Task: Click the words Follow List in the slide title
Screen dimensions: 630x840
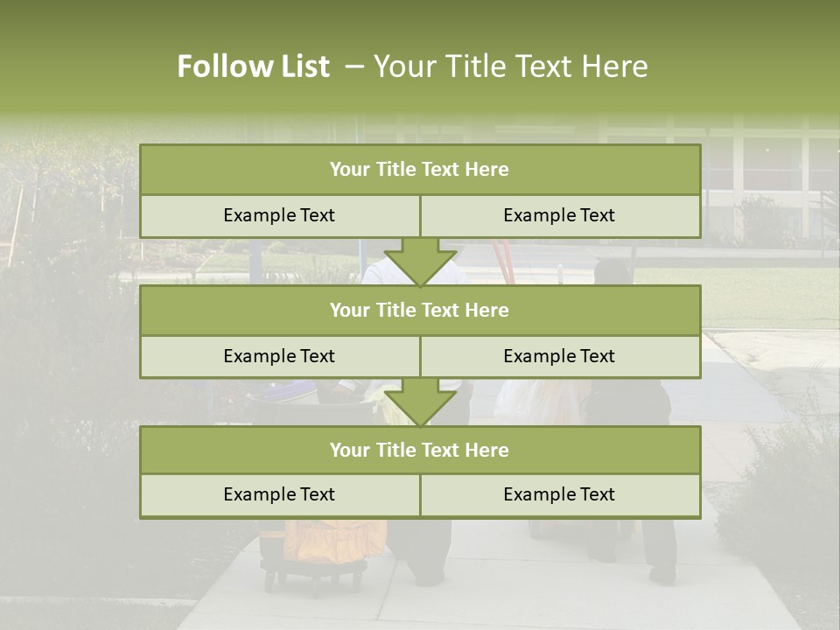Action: pyautogui.click(x=253, y=66)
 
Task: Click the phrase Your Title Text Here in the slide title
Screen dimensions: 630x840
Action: pyautogui.click(x=510, y=66)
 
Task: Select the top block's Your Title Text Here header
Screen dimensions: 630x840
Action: pyautogui.click(x=419, y=170)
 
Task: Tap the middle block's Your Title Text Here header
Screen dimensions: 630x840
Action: pyautogui.click(x=419, y=310)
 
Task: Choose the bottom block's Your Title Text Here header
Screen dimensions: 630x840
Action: pyautogui.click(x=419, y=450)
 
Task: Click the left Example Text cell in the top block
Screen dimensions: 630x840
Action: pyautogui.click(x=279, y=215)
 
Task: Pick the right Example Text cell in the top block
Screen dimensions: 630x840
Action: pyautogui.click(x=559, y=215)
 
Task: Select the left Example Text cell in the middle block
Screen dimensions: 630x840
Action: pyautogui.click(x=279, y=356)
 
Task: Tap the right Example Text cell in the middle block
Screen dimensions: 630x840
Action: pyautogui.click(x=559, y=356)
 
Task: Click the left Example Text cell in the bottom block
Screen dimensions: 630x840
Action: pyautogui.click(x=279, y=494)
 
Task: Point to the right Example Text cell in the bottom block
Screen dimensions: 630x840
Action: pyautogui.click(x=559, y=494)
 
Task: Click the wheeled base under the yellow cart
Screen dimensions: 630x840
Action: pyautogui.click(x=315, y=576)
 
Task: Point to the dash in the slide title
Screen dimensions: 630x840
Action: pyautogui.click(x=354, y=66)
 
